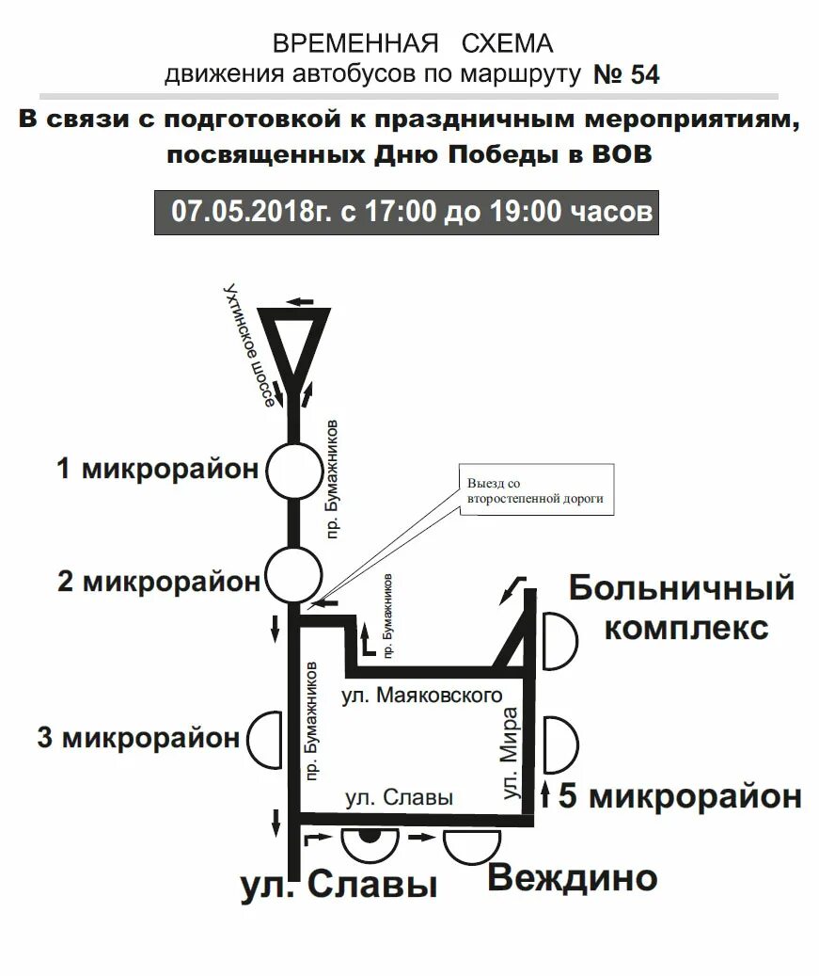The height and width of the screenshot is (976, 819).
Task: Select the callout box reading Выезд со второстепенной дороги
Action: (535, 490)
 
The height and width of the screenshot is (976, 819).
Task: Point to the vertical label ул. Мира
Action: (511, 753)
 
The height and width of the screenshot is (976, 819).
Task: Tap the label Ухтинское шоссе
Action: (246, 344)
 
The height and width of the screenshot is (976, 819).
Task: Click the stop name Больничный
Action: (682, 589)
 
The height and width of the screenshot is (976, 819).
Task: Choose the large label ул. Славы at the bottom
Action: (339, 885)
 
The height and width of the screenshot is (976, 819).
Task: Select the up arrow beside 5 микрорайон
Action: (544, 796)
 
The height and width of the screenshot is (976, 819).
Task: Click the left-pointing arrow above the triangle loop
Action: (300, 301)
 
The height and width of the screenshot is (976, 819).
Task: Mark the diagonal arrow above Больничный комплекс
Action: (512, 588)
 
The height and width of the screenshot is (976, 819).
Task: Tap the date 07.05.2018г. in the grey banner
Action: (252, 210)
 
